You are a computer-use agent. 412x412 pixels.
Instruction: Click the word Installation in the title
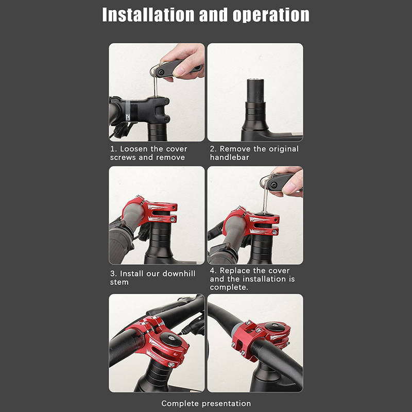pyautogui.click(x=148, y=15)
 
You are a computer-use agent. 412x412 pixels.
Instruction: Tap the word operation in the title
pyautogui.click(x=271, y=15)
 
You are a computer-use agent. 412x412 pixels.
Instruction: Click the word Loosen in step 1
pyautogui.click(x=134, y=149)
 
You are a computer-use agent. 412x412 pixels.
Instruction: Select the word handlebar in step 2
pyautogui.click(x=229, y=157)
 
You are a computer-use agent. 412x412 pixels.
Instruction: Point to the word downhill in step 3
pyautogui.click(x=179, y=273)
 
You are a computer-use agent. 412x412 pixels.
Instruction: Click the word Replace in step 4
pyautogui.click(x=235, y=271)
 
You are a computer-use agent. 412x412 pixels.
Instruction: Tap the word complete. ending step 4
pyautogui.click(x=229, y=287)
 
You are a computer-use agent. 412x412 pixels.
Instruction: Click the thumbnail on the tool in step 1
pyautogui.click(x=180, y=71)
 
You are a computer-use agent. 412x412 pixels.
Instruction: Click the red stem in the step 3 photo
pyautogui.click(x=151, y=210)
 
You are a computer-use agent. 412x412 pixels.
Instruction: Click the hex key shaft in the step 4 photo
pyautogui.click(x=265, y=200)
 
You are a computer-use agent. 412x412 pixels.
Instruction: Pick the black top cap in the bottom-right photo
pyautogui.click(x=275, y=327)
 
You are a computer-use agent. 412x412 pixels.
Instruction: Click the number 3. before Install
pyautogui.click(x=113, y=274)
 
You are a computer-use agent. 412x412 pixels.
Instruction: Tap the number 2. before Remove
pyautogui.click(x=213, y=149)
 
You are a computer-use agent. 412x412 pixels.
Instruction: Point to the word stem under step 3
pyautogui.click(x=119, y=282)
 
